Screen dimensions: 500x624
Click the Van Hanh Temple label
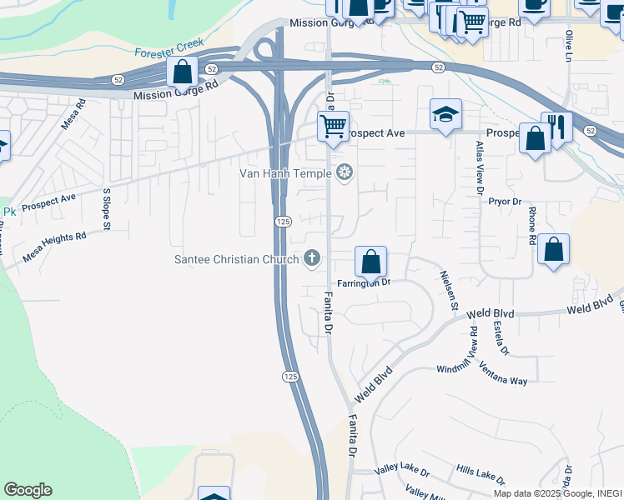click(286, 174)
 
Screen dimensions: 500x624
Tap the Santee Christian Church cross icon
click(313, 258)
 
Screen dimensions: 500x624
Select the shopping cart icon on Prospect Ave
click(333, 127)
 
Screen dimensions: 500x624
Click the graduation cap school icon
click(445, 115)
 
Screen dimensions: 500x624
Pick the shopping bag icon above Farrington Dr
click(371, 262)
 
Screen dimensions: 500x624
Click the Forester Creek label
click(170, 52)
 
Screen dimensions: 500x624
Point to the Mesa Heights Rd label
click(55, 247)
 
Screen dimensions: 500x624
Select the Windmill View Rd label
click(473, 351)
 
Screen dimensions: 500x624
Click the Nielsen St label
click(449, 289)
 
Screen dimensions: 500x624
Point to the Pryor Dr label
click(505, 202)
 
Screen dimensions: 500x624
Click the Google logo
click(28, 490)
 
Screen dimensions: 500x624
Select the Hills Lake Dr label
click(480, 476)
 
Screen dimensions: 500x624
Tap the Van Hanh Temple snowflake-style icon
click(344, 174)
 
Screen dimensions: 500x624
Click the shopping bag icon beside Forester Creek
click(181, 72)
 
